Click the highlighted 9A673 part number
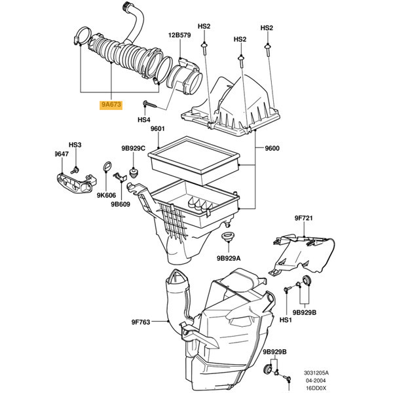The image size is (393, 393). [111, 105]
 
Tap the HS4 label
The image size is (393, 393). [144, 121]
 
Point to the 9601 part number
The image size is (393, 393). [158, 129]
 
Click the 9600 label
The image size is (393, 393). [272, 148]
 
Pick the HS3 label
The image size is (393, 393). [75, 144]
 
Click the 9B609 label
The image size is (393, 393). [121, 204]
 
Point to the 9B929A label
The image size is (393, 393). [229, 258]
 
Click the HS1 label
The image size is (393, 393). [285, 320]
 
